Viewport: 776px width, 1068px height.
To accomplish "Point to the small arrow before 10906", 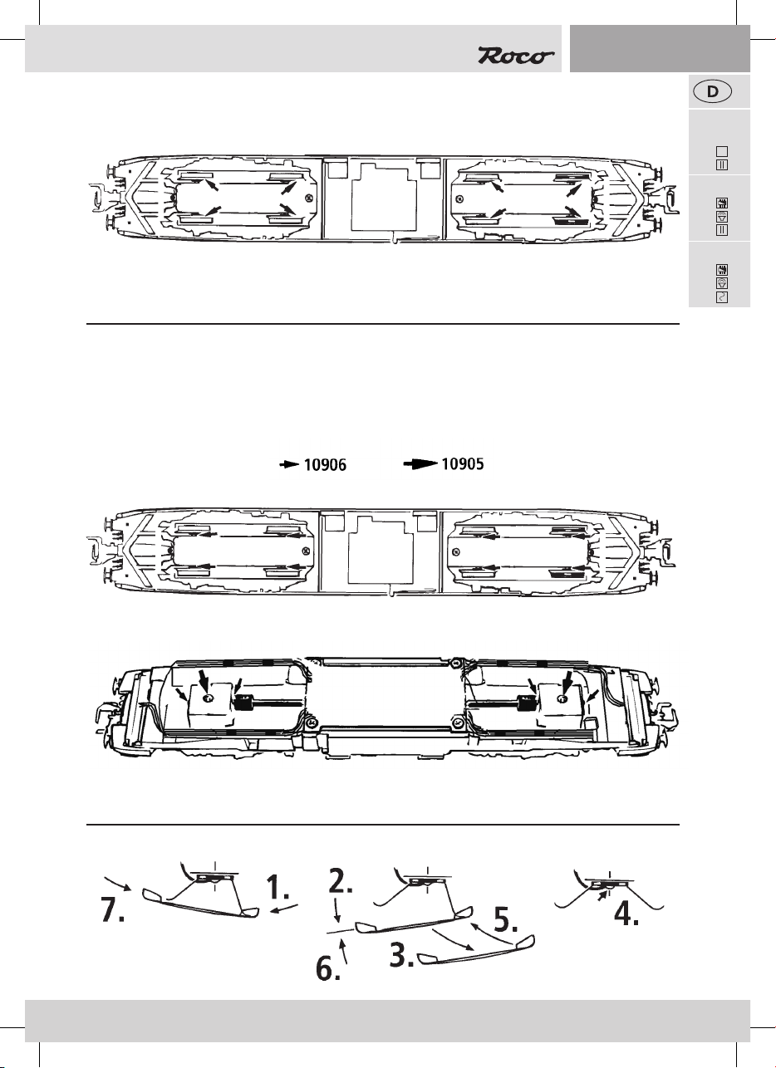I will (x=288, y=467).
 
